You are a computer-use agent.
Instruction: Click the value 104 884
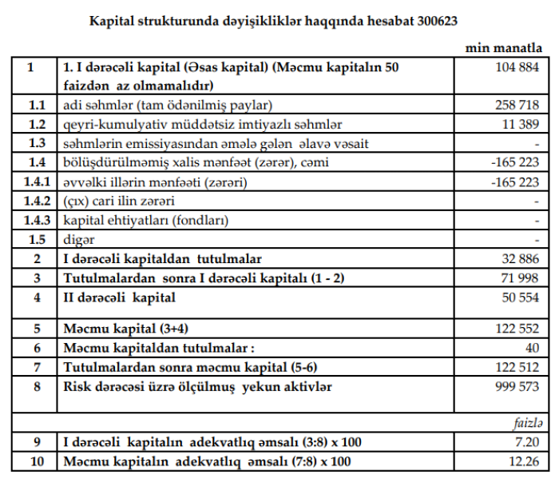517,68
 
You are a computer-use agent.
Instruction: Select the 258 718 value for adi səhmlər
517,106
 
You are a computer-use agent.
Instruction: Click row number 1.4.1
31,182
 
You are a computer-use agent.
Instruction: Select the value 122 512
517,367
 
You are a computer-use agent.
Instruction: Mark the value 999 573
517,386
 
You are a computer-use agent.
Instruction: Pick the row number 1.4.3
31,220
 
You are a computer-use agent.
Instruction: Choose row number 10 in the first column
31,461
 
